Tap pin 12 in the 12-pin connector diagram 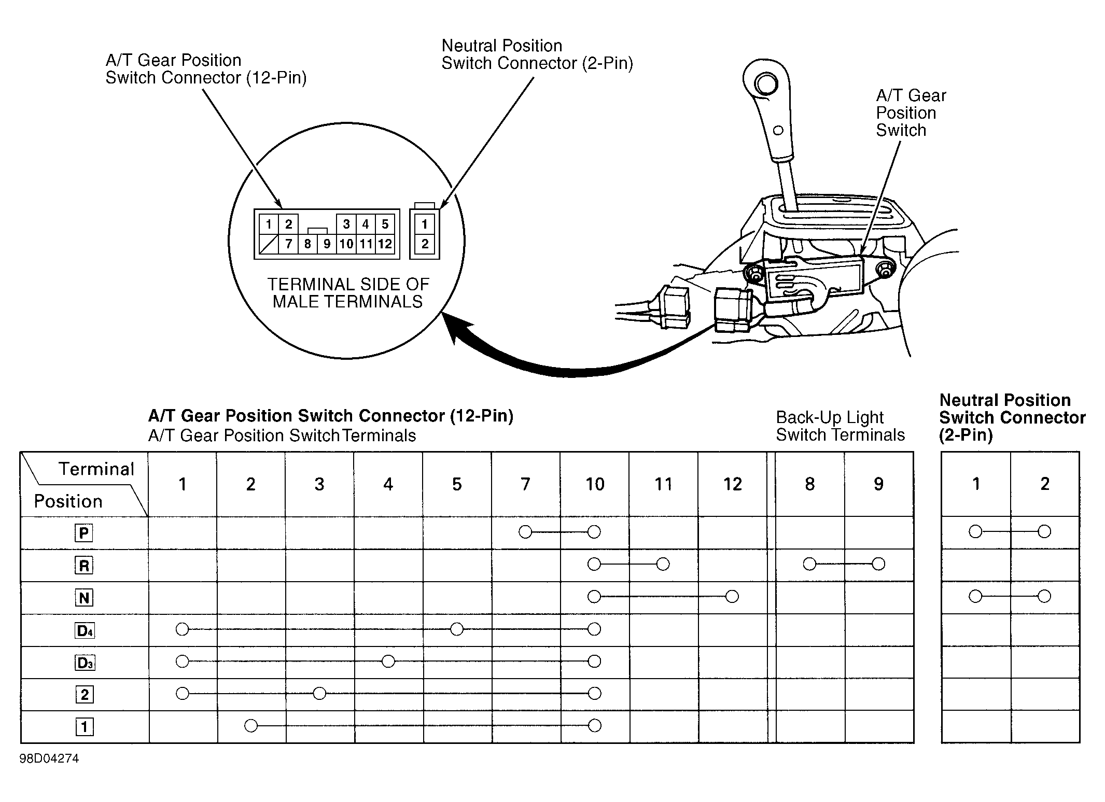coord(385,244)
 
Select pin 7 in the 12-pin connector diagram coord(288,244)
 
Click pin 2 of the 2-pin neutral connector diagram coord(425,244)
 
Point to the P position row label coord(84,533)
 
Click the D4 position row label coord(85,630)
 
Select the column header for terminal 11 coord(663,484)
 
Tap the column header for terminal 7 coord(525,484)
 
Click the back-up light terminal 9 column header coord(878,484)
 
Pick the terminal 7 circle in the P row coord(525,532)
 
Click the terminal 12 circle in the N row coord(732,597)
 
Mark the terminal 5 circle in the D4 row coord(457,629)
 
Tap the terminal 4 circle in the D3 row coord(388,661)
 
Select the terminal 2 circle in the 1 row coord(251,726)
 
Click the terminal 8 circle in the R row coord(809,564)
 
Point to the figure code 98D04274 coord(49,759)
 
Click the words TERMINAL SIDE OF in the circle coord(348,284)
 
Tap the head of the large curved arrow coord(456,330)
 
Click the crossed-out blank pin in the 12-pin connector coord(269,244)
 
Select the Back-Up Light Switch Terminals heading coord(840,426)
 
